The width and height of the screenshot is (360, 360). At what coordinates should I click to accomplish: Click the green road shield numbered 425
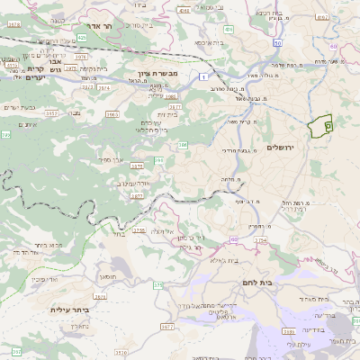tap(81, 38)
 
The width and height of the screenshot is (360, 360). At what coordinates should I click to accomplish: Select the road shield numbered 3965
tap(112, 115)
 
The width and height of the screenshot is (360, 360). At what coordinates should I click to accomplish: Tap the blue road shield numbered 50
tap(278, 41)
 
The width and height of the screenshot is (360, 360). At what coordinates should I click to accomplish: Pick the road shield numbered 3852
tap(52, 114)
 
